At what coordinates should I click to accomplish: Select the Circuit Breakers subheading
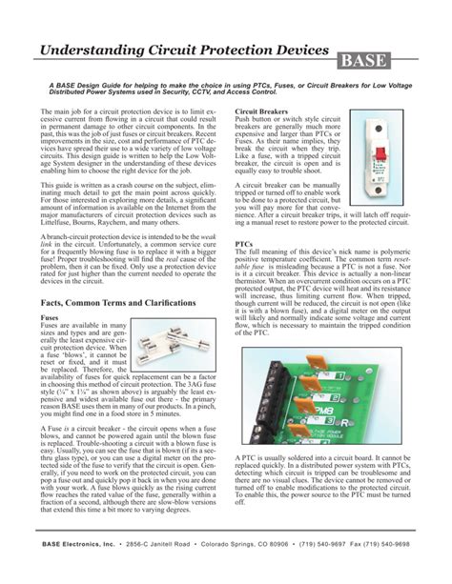click(263, 112)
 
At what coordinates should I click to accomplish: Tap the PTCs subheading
click(243, 244)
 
